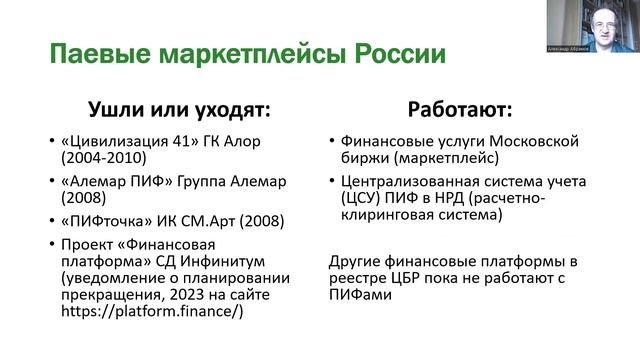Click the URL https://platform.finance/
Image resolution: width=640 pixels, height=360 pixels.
[x=146, y=312]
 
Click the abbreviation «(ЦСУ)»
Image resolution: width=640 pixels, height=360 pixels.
[x=360, y=198]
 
